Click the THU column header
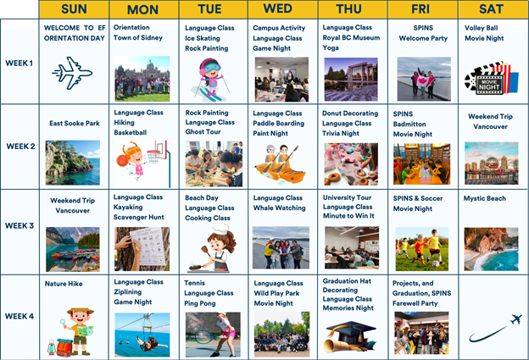click(348, 9)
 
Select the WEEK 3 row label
click(19, 225)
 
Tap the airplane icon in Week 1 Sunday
click(72, 73)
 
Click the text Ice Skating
click(203, 38)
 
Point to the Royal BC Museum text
click(351, 37)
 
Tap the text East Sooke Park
click(75, 124)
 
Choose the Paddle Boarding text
click(279, 124)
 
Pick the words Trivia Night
click(341, 133)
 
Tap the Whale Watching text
click(280, 208)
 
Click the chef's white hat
click(220, 229)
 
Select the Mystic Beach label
click(484, 198)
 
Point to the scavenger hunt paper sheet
click(148, 246)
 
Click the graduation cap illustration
click(350, 336)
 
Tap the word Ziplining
click(127, 292)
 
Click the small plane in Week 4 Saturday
click(515, 318)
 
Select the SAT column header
click(491, 9)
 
